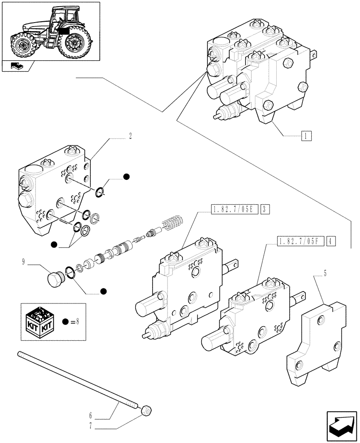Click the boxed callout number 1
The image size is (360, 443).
(306, 136)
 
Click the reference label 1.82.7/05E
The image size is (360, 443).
(233, 209)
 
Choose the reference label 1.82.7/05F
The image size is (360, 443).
(300, 241)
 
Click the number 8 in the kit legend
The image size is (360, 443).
(77, 321)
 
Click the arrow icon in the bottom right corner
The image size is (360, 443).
(341, 424)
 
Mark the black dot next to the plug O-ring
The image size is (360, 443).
(103, 291)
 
